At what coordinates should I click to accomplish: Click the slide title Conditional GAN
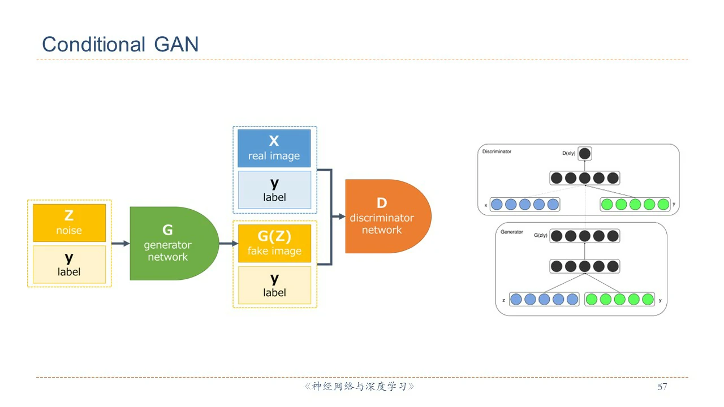click(x=120, y=44)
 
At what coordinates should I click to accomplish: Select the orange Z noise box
click(x=69, y=223)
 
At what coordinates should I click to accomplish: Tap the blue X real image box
click(x=274, y=148)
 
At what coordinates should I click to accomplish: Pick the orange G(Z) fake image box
click(x=274, y=243)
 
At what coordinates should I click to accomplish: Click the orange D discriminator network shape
click(x=385, y=217)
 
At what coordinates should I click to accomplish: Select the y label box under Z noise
click(x=69, y=264)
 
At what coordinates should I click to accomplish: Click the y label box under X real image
click(x=274, y=190)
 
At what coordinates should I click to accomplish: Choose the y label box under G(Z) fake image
click(x=274, y=285)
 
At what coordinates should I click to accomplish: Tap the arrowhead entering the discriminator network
click(x=341, y=217)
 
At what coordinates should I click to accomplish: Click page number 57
click(x=662, y=387)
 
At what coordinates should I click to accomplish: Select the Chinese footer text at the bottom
click(x=360, y=387)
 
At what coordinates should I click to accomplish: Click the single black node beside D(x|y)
click(x=585, y=153)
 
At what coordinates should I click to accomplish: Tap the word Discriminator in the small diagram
click(x=497, y=151)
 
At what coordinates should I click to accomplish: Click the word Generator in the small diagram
click(x=512, y=232)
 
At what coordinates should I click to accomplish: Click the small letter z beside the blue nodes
click(x=503, y=300)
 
